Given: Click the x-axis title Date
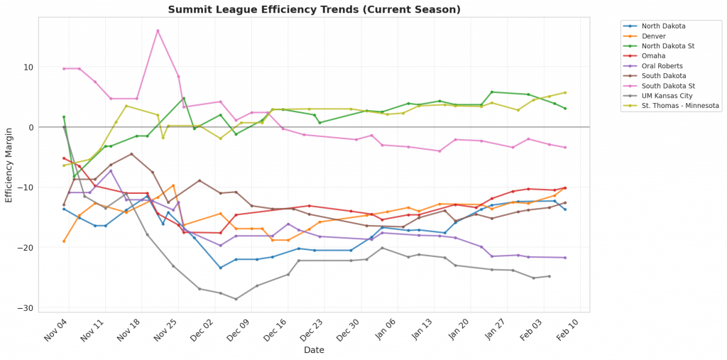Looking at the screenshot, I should (314, 350).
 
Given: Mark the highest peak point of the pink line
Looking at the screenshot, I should (158, 31).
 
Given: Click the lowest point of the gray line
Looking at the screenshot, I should (236, 299).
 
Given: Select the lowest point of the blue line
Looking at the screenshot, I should (220, 268).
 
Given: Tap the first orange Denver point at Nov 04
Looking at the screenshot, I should (64, 241).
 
